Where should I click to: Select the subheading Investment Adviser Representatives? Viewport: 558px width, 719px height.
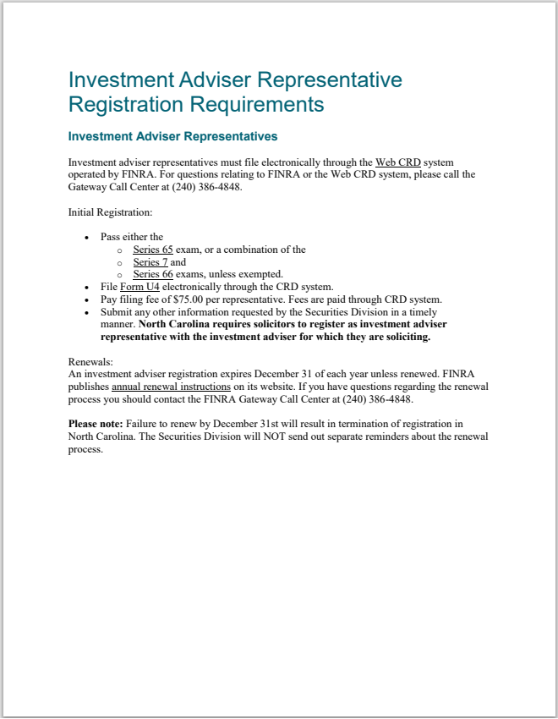click(x=172, y=136)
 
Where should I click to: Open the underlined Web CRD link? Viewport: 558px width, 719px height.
click(x=397, y=162)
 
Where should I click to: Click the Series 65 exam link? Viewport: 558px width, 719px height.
click(x=152, y=250)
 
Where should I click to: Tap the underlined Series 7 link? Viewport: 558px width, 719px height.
click(x=150, y=262)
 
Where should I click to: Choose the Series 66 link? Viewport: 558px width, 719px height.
click(x=152, y=274)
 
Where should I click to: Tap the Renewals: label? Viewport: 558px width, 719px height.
click(x=90, y=361)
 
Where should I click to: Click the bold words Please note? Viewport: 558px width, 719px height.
click(x=95, y=423)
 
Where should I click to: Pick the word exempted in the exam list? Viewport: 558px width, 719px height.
click(x=260, y=274)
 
